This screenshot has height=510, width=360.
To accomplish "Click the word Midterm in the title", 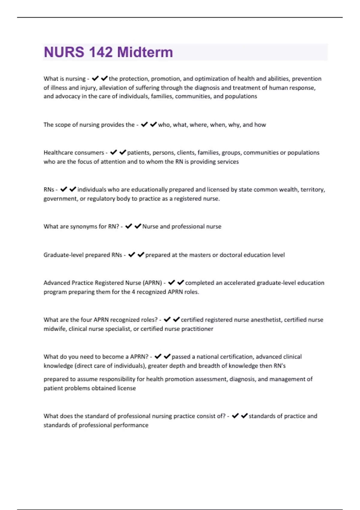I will tap(145, 52).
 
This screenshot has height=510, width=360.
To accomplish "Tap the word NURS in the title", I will tap(64, 52).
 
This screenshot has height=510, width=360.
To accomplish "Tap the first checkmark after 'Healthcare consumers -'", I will tap(113, 152).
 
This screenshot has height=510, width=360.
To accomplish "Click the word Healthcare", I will tap(59, 152).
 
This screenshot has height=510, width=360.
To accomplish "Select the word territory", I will tap(313, 190).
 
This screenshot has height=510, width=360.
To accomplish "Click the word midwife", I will tap(55, 329).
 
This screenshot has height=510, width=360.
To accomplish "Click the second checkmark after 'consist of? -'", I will tap(244, 416).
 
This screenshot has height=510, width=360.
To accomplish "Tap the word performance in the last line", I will tap(132, 425).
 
